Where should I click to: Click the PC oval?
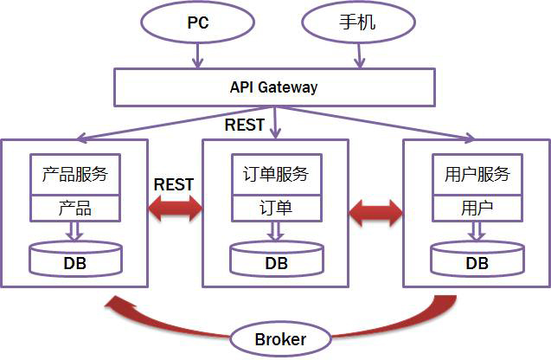pyautogui.click(x=198, y=22)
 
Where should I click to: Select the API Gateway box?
pyautogui.click(x=273, y=87)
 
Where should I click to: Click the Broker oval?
pyautogui.click(x=280, y=338)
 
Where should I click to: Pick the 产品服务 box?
pyautogui.click(x=74, y=175)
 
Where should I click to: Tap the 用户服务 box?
pyautogui.click(x=477, y=175)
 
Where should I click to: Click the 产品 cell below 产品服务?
pyautogui.click(x=74, y=209)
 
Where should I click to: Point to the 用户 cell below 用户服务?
pyautogui.click(x=477, y=209)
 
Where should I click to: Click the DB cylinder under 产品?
pyautogui.click(x=75, y=258)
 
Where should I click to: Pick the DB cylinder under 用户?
pyautogui.click(x=477, y=258)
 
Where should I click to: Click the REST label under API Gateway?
pyautogui.click(x=245, y=125)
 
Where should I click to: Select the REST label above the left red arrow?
pyautogui.click(x=173, y=184)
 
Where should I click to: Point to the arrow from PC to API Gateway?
pyautogui.click(x=198, y=55)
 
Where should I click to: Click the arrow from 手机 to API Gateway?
pyautogui.click(x=356, y=55)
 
